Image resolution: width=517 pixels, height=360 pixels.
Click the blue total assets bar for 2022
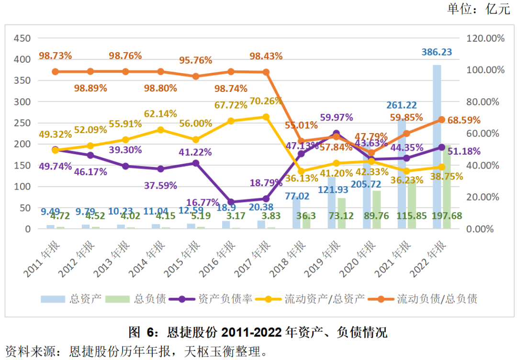437,146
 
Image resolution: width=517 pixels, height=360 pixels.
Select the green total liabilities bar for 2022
446,187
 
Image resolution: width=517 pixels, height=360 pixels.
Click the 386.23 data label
437,52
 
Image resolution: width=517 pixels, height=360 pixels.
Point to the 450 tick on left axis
22,38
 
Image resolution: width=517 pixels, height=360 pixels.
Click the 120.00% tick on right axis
485,38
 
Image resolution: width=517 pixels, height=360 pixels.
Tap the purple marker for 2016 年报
231,202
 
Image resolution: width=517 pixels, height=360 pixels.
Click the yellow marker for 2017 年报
266,117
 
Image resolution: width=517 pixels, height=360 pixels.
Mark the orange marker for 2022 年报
441,120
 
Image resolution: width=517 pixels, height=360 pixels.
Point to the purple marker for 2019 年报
337,134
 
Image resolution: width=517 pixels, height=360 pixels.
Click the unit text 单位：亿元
479,9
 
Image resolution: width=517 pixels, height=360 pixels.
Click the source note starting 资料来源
135,351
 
